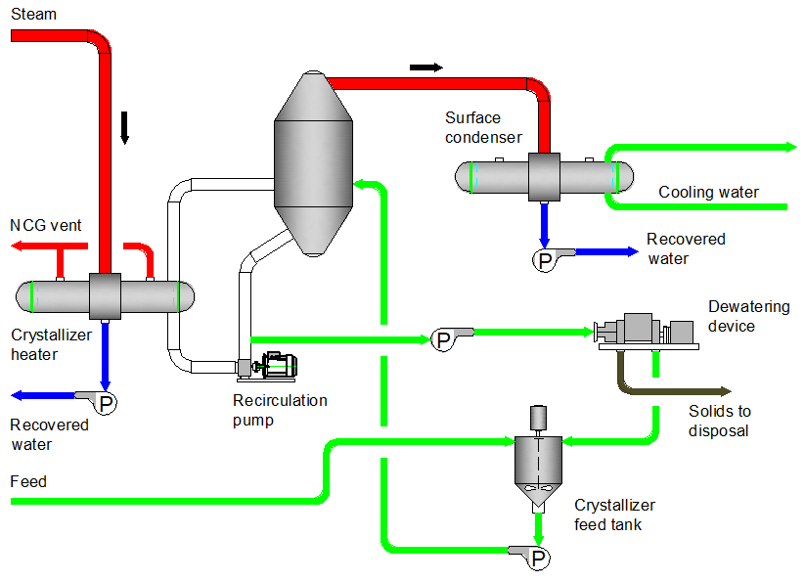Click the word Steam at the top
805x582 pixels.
click(33, 15)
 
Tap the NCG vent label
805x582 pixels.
click(45, 226)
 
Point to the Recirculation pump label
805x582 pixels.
click(280, 410)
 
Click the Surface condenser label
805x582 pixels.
click(483, 128)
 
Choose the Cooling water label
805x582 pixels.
click(708, 193)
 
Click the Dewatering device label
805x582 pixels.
click(748, 316)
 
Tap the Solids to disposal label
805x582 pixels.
click(719, 422)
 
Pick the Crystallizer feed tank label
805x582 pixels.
click(614, 515)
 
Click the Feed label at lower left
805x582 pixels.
click(28, 482)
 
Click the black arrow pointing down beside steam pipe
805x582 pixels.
click(124, 128)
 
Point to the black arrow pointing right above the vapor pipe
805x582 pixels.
click(425, 67)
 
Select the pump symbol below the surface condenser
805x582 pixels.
click(543, 260)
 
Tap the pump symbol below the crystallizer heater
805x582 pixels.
click(106, 402)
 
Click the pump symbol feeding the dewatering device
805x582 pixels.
click(443, 339)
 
